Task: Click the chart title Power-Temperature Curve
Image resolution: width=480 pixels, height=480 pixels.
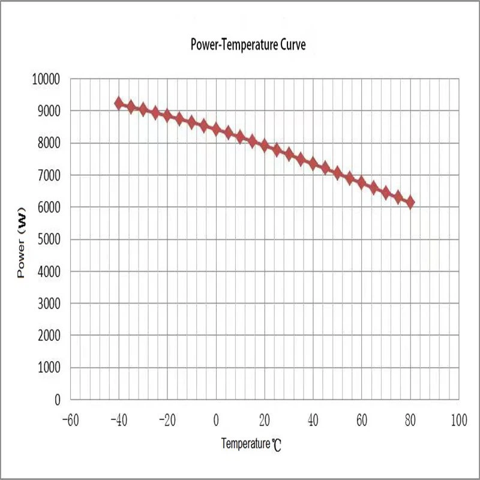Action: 248,45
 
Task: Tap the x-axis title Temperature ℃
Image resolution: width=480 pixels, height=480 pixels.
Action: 251,444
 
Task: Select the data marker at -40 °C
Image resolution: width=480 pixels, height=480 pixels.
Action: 119,103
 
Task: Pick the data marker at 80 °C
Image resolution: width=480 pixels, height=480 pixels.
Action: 410,203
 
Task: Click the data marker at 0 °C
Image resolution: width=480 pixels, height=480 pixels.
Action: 216,129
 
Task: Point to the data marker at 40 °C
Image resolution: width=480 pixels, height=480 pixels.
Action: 313,163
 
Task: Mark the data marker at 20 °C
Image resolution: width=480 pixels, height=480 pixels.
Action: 265,145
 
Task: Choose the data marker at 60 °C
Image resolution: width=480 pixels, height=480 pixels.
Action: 362,182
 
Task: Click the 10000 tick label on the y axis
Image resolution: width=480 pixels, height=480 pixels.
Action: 46,79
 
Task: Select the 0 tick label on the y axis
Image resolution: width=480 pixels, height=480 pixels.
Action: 58,400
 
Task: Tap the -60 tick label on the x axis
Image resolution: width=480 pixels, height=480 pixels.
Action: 70,418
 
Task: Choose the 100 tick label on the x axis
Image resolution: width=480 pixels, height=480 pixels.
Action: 459,418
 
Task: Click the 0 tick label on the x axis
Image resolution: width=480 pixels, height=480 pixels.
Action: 216,418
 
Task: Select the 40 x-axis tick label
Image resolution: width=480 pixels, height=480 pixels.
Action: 313,418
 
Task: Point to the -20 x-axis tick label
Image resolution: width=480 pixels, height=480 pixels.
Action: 167,418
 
